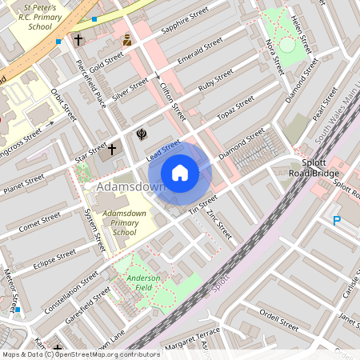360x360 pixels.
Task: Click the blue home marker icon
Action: tap(180, 173)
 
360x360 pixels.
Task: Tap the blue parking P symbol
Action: tap(337, 220)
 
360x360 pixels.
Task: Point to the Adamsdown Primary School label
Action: tap(113, 224)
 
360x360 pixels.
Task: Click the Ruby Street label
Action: tap(215, 83)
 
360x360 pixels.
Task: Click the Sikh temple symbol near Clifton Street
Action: tap(141, 133)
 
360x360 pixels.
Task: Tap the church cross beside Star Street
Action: tap(112, 149)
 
